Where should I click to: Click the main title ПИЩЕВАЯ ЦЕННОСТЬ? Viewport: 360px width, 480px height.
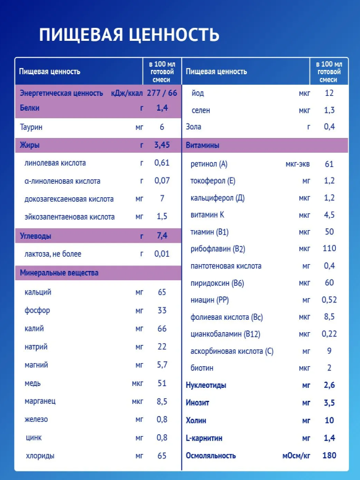[x=129, y=35]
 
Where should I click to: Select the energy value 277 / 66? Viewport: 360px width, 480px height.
[x=162, y=93]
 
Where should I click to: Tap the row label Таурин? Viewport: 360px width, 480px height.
[x=31, y=127]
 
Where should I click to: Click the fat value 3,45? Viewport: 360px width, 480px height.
[x=162, y=145]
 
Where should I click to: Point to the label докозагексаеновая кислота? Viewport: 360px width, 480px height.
[x=69, y=199]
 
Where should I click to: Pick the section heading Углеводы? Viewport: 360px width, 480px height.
[x=35, y=236]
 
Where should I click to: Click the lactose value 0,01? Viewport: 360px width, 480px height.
[x=162, y=254]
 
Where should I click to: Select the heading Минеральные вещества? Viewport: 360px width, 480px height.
[x=59, y=273]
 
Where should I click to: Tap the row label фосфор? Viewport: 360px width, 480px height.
[x=37, y=311]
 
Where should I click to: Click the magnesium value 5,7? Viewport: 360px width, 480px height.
[x=162, y=365]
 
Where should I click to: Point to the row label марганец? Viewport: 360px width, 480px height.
[x=40, y=401]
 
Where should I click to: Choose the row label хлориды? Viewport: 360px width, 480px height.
[x=40, y=456]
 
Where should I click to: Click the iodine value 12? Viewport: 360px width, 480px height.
[x=329, y=93]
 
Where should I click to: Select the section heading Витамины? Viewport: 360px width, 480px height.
[x=202, y=145]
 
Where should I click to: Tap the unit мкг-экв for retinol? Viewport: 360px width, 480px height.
[x=298, y=164]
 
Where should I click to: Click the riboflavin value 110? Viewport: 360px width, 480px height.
[x=329, y=248]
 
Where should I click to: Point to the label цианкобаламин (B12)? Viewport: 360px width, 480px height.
[x=225, y=334]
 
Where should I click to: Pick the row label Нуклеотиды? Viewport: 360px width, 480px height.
[x=206, y=385]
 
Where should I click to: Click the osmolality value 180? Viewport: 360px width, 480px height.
[x=329, y=455]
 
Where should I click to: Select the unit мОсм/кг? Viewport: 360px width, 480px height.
[x=296, y=456]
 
